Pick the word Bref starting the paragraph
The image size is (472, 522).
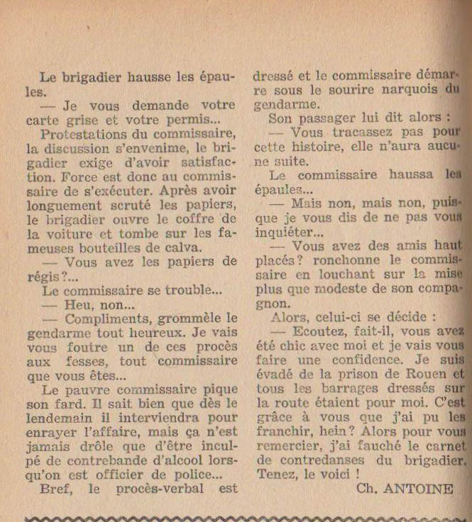click(x=56, y=489)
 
